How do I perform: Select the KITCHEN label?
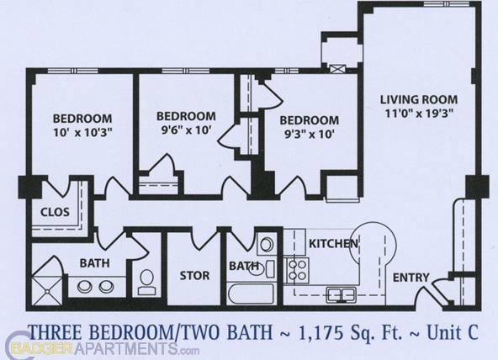334,244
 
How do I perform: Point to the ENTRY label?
411,278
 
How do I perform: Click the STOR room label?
194,275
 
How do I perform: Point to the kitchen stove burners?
297,268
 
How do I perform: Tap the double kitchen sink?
340,294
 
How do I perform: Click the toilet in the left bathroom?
146,280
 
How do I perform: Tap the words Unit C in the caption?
452,330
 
